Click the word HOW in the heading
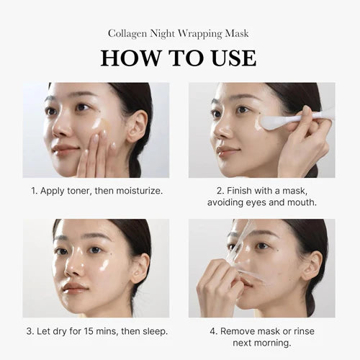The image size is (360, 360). click(x=130, y=58)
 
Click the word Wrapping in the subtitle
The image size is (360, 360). click(x=201, y=33)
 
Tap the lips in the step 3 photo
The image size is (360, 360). click(x=74, y=287)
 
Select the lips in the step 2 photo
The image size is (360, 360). click(x=228, y=152)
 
